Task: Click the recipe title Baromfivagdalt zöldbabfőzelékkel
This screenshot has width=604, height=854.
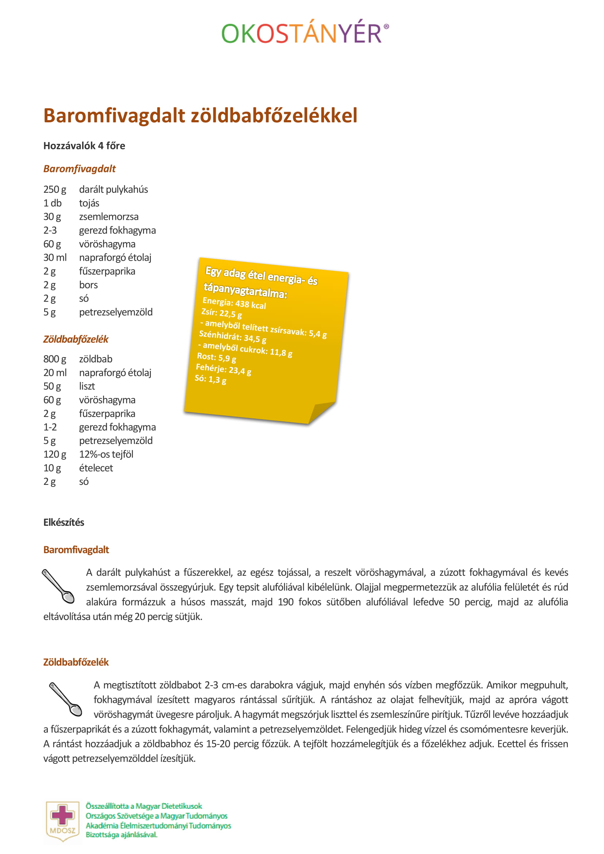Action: [200, 115]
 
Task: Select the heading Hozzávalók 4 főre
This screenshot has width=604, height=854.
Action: [84, 146]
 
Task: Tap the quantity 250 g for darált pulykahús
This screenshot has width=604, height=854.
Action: [55, 190]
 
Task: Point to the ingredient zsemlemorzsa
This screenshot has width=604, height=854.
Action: [108, 217]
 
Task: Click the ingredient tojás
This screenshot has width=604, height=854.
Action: [89, 203]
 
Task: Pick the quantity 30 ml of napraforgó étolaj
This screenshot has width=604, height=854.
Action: [55, 258]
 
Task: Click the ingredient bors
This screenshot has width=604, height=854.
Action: [88, 285]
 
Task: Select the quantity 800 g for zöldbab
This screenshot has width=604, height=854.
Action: [55, 359]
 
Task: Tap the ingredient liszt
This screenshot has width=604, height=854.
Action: [87, 386]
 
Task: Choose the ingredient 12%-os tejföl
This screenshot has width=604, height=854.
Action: [106, 455]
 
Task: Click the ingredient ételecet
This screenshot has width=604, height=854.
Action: [96, 468]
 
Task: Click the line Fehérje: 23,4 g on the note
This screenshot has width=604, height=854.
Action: [223, 370]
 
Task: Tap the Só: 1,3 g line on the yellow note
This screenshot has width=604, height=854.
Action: [210, 379]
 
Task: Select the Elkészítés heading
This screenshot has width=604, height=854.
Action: [64, 522]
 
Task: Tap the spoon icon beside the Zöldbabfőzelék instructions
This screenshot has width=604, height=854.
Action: [65, 699]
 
